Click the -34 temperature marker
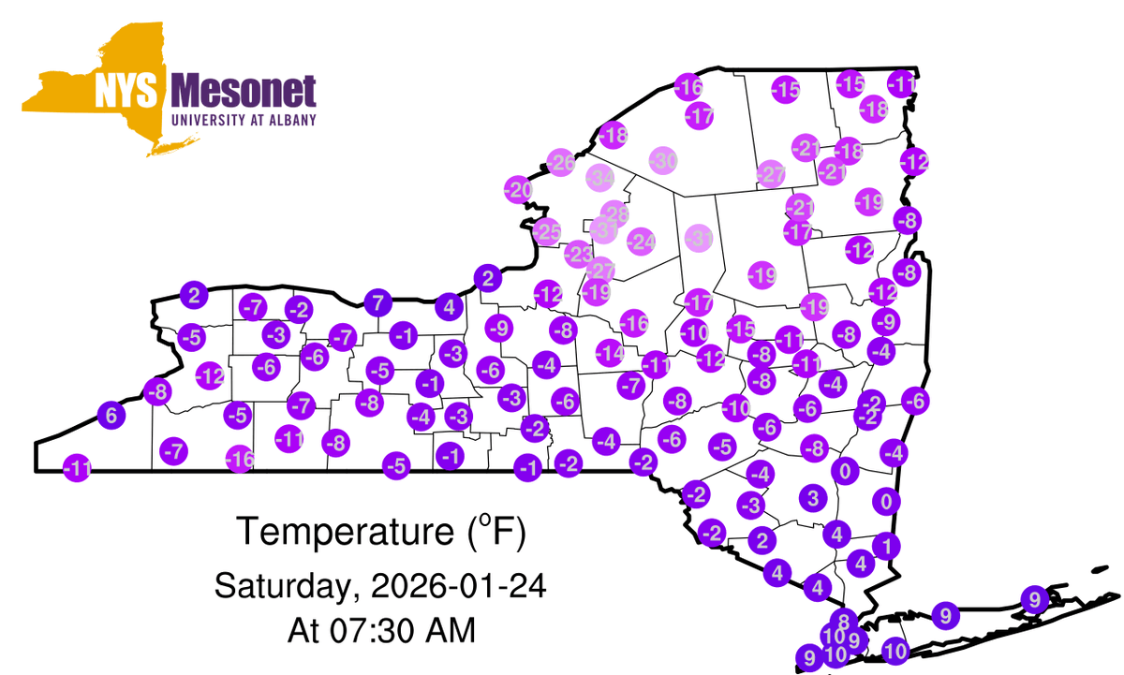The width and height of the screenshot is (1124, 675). [x=599, y=177]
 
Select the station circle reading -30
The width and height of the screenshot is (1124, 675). [x=663, y=160]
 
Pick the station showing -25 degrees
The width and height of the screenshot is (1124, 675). [x=546, y=230]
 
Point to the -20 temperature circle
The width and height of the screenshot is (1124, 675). [x=517, y=190]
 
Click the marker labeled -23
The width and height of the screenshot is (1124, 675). [x=579, y=254]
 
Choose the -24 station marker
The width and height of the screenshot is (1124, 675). [x=642, y=242]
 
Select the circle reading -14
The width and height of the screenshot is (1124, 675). [x=611, y=354]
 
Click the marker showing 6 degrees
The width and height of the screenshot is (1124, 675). [x=111, y=416]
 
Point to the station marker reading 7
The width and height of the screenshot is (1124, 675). [x=377, y=302]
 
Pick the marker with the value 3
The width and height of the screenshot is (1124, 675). [x=813, y=496]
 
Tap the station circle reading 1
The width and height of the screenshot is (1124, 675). [x=886, y=545]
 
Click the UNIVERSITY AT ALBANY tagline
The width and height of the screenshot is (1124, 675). [x=244, y=120]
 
